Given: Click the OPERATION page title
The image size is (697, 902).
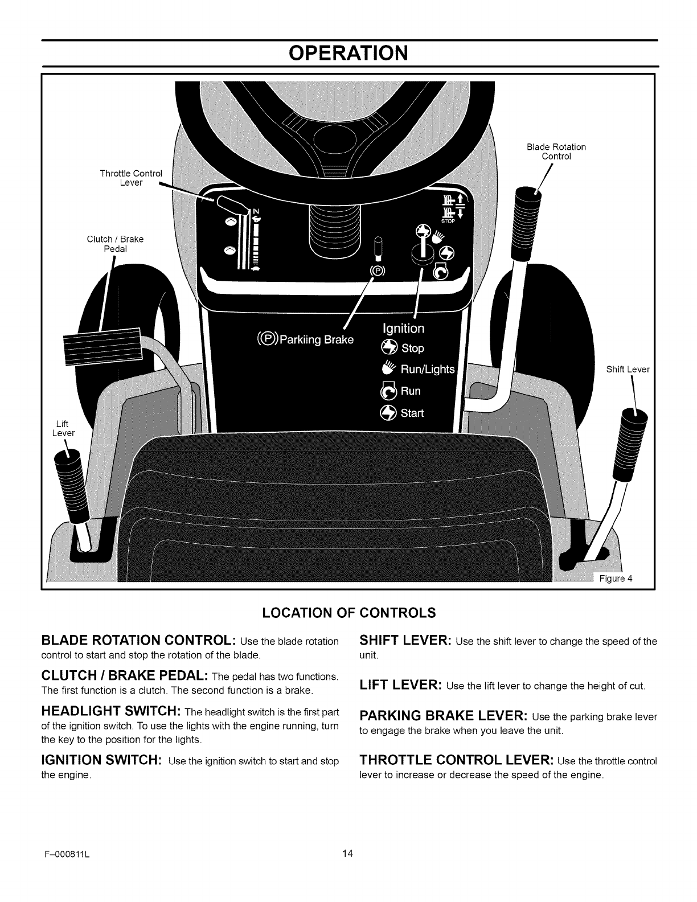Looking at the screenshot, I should (x=348, y=53).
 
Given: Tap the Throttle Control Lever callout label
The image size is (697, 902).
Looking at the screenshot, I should (x=131, y=178).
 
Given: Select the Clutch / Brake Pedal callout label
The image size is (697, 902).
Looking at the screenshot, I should (x=115, y=244).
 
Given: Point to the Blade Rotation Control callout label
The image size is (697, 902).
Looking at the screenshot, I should (x=556, y=151).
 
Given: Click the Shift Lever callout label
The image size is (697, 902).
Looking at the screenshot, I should (x=628, y=369).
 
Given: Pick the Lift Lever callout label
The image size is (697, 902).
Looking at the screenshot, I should (x=63, y=428).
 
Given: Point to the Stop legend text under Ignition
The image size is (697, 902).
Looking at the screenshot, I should (x=412, y=348).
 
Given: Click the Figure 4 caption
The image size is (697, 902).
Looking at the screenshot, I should (x=616, y=579).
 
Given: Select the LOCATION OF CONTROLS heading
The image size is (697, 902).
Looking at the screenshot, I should (x=348, y=613).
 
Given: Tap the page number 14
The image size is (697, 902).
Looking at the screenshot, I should (x=348, y=869).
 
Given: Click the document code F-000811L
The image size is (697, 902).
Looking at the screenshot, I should (x=66, y=870).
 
